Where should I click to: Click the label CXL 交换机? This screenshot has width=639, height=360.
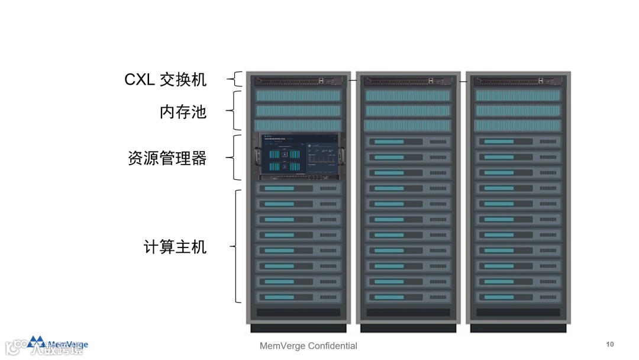(166, 80)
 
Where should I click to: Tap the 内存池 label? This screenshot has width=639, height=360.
(183, 111)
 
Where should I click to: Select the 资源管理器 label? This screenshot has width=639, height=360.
(167, 158)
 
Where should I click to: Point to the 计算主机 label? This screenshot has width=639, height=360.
(175, 246)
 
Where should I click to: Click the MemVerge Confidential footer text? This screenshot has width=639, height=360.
(308, 346)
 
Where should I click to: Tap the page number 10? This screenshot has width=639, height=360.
(610, 345)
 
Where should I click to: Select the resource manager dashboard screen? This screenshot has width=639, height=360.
(298, 156)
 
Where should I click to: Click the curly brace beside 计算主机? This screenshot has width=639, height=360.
(237, 246)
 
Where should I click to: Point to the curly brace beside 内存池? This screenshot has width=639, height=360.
(237, 110)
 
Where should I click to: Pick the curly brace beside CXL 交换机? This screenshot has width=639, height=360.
(237, 79)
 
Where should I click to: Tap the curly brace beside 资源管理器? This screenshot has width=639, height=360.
(237, 157)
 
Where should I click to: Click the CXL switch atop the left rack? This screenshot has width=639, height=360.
(298, 81)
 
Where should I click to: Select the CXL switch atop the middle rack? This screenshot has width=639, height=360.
(408, 81)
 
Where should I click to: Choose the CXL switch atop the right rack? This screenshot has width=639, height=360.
(518, 81)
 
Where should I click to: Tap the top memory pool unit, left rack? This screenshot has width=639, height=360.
(298, 95)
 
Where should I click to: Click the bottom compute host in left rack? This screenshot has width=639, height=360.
(298, 297)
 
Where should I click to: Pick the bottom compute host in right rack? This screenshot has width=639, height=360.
(518, 297)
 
